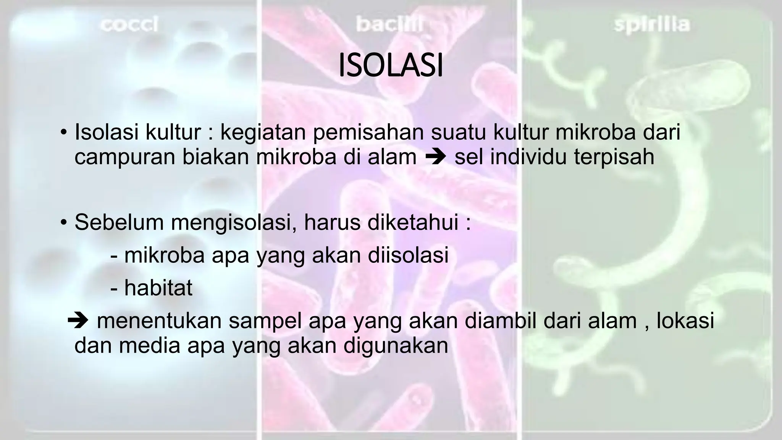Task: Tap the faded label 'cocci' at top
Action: [x=129, y=25]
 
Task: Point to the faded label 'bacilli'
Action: [x=389, y=25]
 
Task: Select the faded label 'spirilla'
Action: [x=652, y=25]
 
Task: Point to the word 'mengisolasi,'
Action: [x=234, y=223]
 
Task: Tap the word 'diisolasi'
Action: [x=408, y=255]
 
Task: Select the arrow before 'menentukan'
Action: [x=78, y=321]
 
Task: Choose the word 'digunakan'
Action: [x=396, y=346]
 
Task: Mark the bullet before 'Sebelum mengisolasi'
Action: [x=63, y=223]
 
